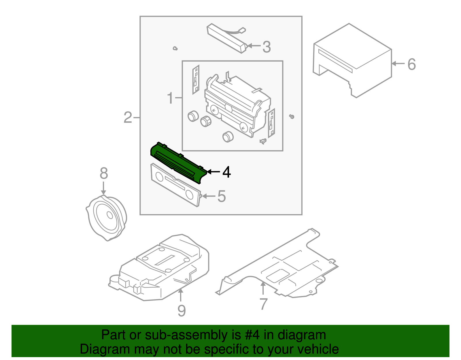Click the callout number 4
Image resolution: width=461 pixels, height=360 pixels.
[227, 172]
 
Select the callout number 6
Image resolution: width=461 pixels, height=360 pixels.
[412, 64]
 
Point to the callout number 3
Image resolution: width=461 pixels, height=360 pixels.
[267, 47]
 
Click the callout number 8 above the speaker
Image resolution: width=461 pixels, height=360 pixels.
[104, 174]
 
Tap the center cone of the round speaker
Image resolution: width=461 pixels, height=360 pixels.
[109, 215]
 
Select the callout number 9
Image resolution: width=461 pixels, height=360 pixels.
[181, 311]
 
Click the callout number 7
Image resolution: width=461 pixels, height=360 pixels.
[263, 304]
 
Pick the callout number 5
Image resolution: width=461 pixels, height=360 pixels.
[221, 196]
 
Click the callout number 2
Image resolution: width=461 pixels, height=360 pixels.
[128, 118]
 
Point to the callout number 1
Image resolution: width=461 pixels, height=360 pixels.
[170, 98]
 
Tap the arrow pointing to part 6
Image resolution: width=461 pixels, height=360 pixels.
[398, 64]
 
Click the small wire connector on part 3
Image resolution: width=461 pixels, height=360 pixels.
[243, 30]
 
